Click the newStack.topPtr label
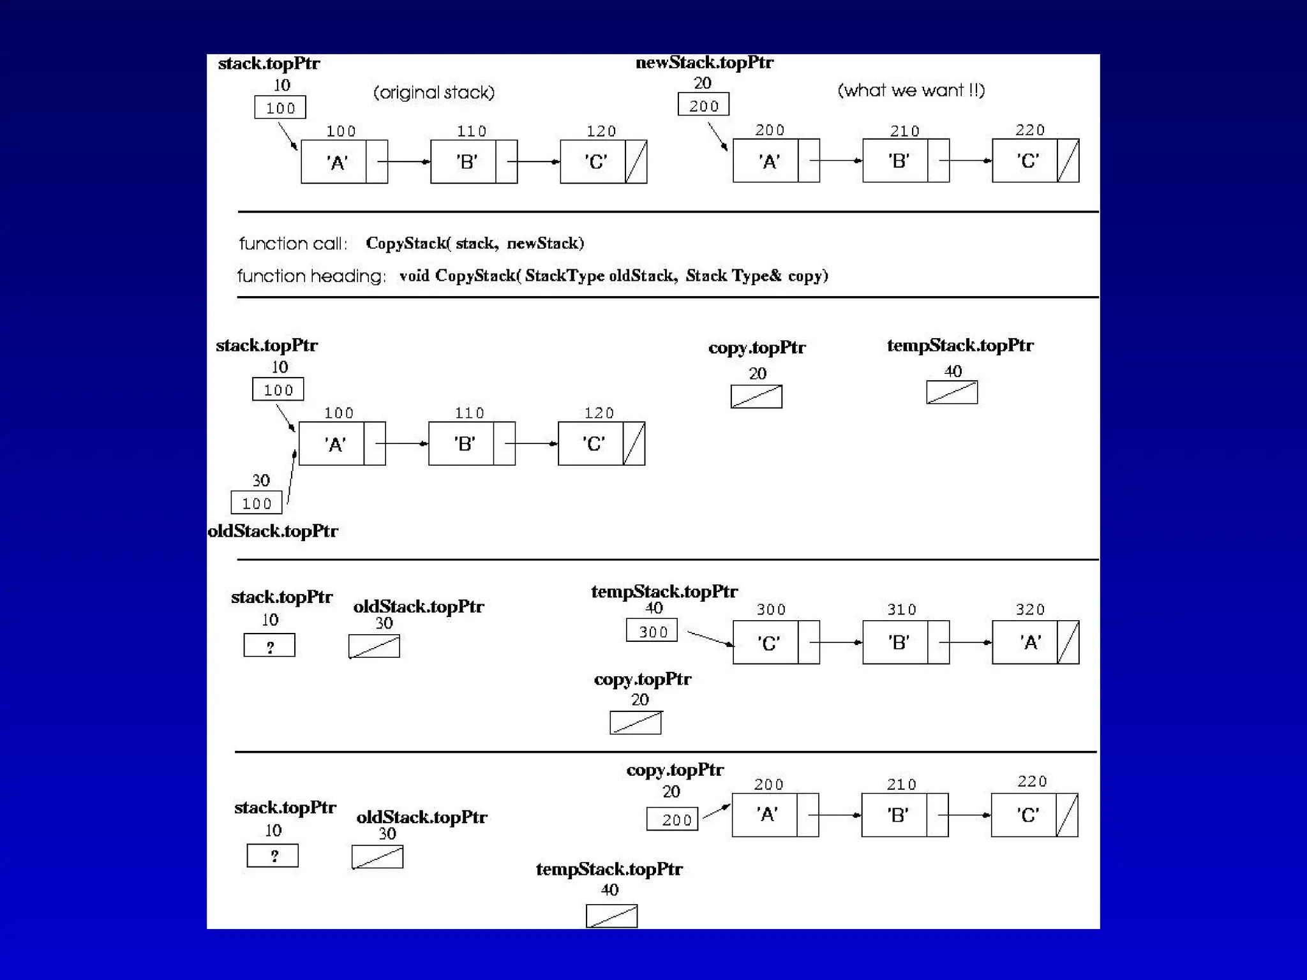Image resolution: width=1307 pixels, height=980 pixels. click(x=704, y=63)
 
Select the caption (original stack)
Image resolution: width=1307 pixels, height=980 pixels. click(x=434, y=93)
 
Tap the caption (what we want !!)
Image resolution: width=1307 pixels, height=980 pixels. click(x=911, y=91)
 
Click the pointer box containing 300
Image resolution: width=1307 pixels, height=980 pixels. click(x=652, y=630)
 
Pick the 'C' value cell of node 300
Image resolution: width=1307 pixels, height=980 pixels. click(x=765, y=642)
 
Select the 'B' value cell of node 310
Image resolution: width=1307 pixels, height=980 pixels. click(x=895, y=642)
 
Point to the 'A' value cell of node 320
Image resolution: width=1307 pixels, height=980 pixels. click(x=1024, y=642)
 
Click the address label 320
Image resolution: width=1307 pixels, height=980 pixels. click(x=1030, y=609)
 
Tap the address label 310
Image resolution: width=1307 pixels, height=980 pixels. click(x=901, y=609)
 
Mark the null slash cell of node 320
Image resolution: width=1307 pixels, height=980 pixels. click(x=1068, y=642)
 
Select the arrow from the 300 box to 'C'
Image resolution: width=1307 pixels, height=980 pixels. click(x=710, y=639)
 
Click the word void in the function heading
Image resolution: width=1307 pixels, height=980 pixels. click(x=414, y=276)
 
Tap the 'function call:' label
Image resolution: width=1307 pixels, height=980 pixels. click(x=293, y=244)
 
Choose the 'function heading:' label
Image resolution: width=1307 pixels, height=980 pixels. click(x=311, y=276)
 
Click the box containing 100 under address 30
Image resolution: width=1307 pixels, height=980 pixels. click(x=256, y=503)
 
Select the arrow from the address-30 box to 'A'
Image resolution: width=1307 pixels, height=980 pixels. click(x=291, y=477)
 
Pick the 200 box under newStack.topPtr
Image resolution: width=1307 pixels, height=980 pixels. click(x=703, y=105)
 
